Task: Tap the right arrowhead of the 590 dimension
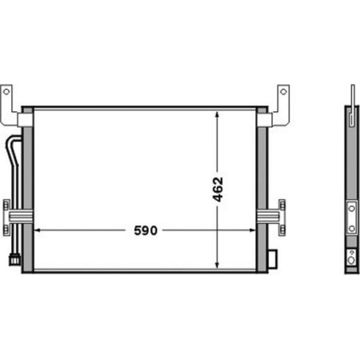click(x=254, y=230)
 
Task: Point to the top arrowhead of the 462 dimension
click(x=218, y=114)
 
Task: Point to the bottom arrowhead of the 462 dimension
click(x=218, y=265)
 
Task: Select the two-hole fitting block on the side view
click(x=351, y=216)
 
